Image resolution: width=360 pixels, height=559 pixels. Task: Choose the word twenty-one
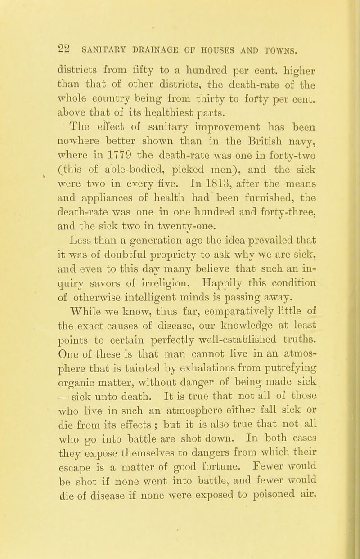pos(190,174)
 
